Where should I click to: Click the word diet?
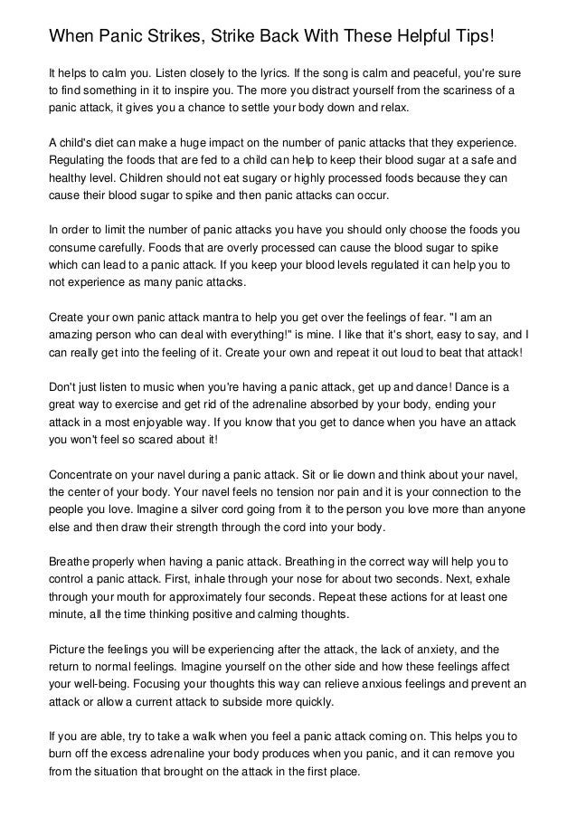click(x=113, y=144)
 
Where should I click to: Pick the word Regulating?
click(x=80, y=162)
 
